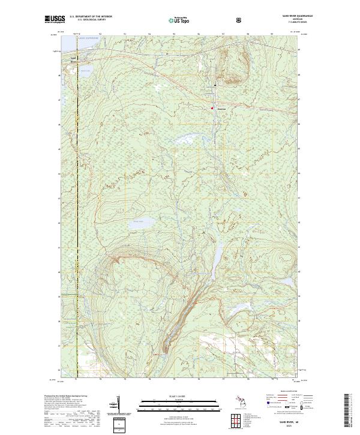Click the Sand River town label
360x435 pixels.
pyautogui.click(x=73, y=58)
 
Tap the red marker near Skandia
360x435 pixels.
pyautogui.click(x=212, y=108)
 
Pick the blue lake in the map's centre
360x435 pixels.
pyautogui.click(x=139, y=225)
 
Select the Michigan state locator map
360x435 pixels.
pyautogui.click(x=235, y=400)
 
